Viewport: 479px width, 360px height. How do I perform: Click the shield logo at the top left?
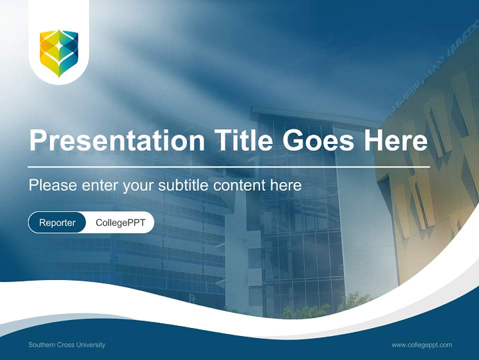[x=59, y=53]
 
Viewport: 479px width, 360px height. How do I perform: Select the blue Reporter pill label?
[x=57, y=222]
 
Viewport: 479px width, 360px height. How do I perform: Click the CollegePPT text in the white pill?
[x=120, y=222]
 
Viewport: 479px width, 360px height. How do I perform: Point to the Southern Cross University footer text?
[x=67, y=344]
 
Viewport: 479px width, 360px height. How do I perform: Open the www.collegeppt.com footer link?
[x=422, y=344]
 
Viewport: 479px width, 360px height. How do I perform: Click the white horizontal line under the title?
[x=229, y=166]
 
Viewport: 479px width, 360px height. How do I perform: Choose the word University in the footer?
[x=91, y=344]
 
